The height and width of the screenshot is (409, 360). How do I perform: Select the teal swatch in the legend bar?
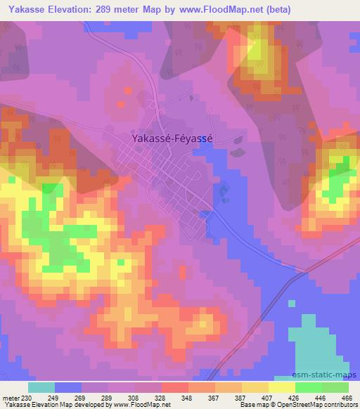coord(41,387)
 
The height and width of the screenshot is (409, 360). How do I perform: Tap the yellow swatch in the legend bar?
coord(281,387)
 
